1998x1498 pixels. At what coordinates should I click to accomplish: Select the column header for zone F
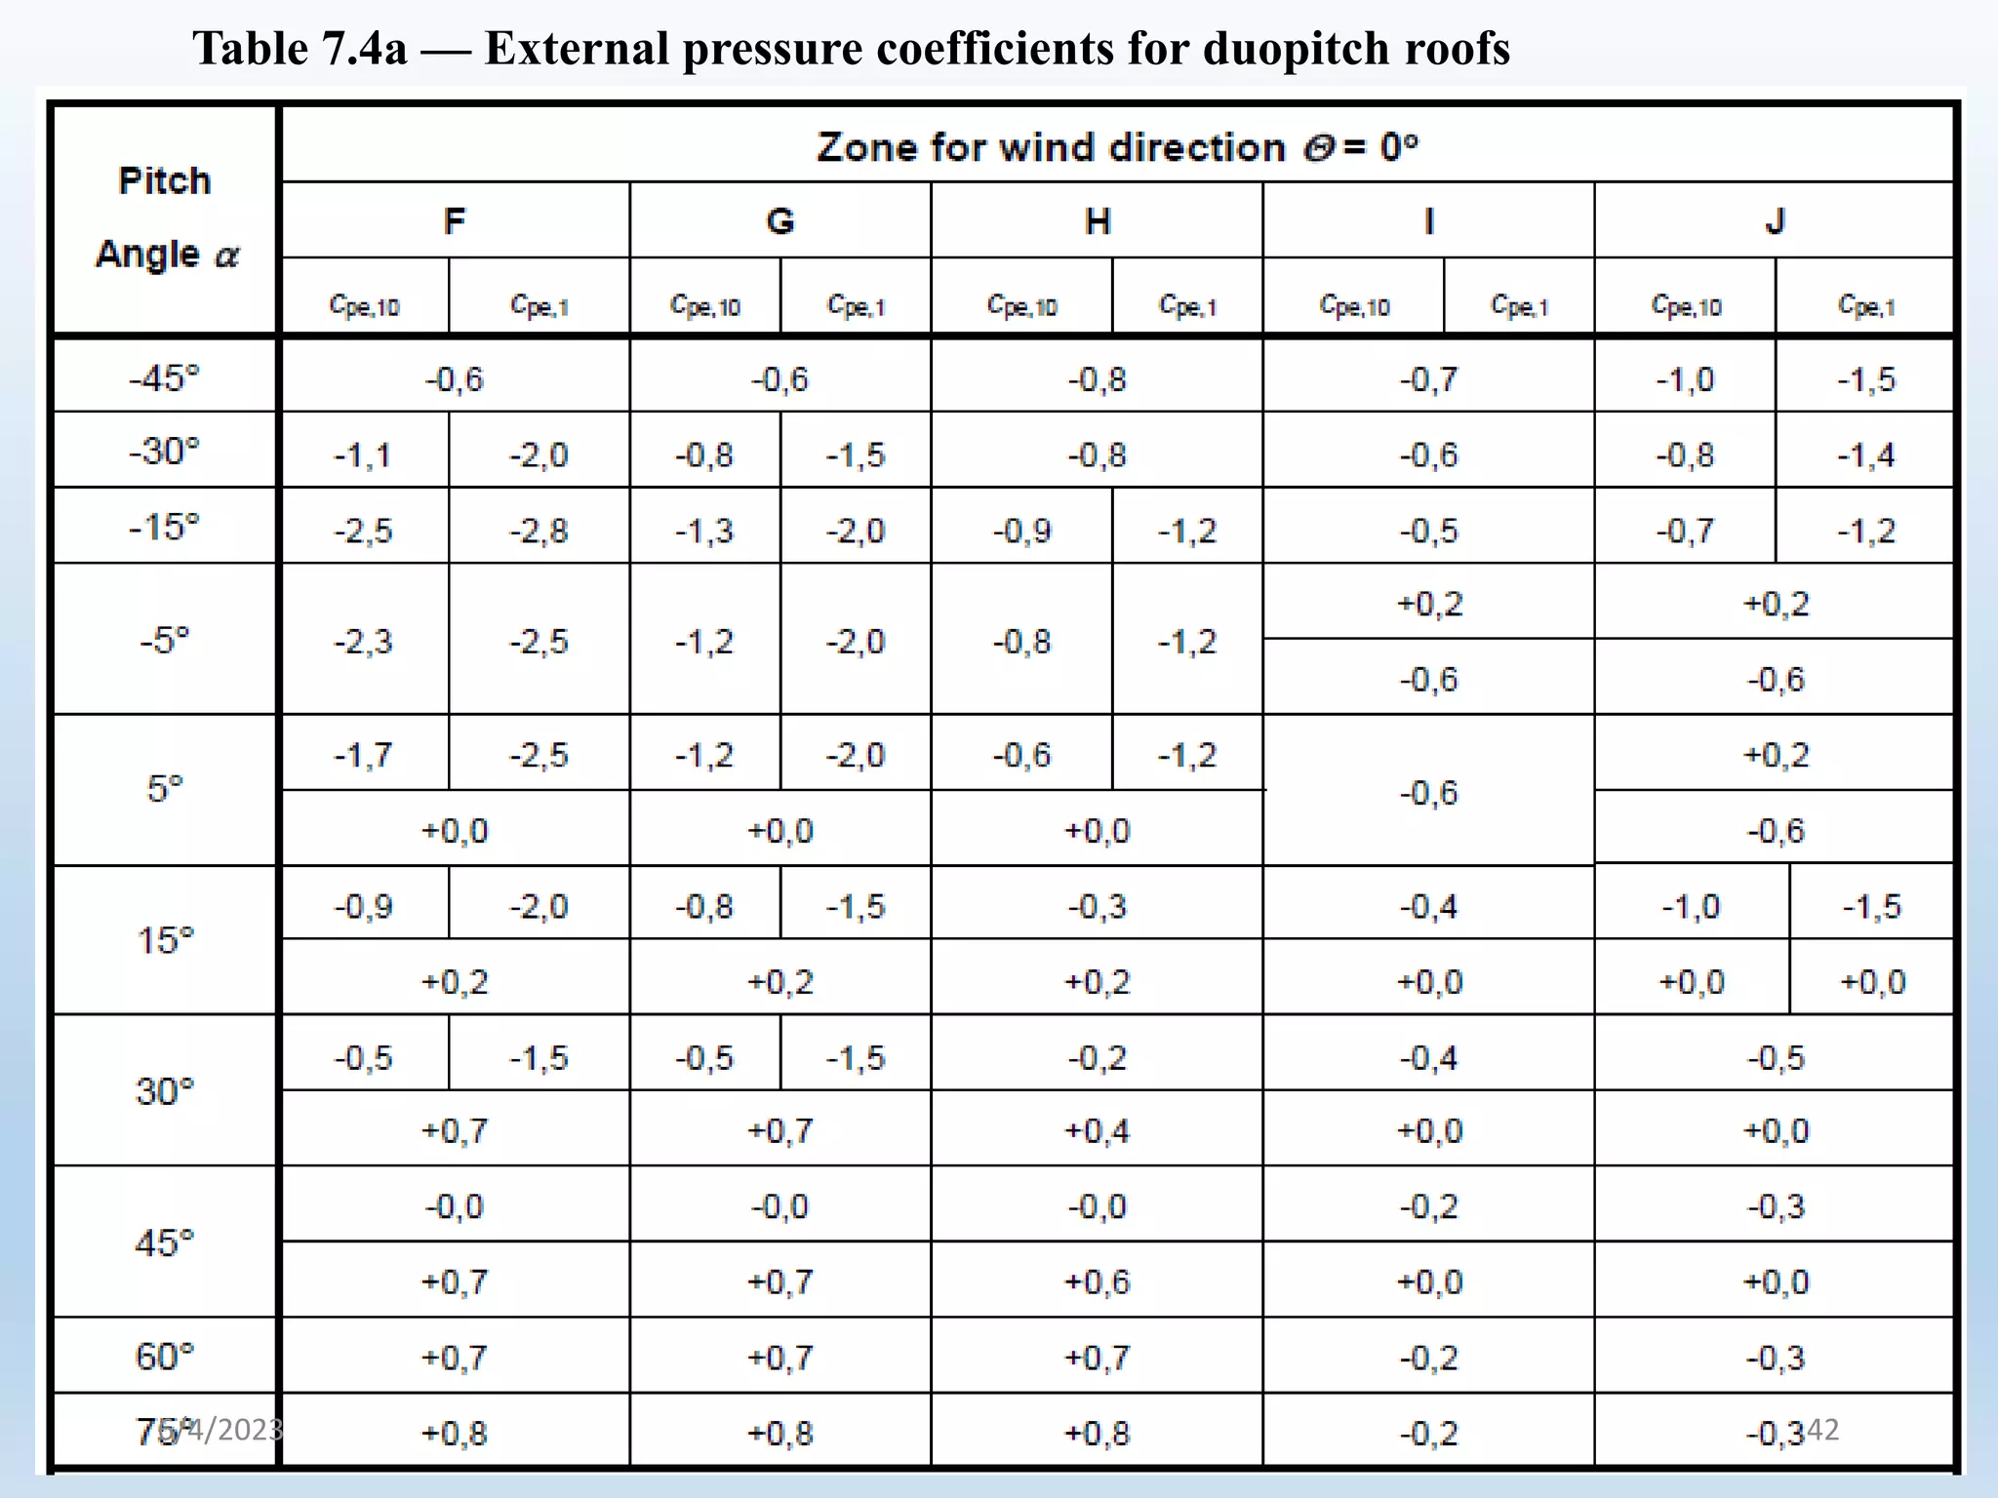pyautogui.click(x=455, y=221)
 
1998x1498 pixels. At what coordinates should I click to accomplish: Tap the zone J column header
pyautogui.click(x=1775, y=221)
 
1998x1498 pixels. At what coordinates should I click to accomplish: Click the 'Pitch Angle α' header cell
pyautogui.click(x=165, y=218)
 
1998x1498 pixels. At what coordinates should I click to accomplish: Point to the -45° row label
pyautogui.click(x=165, y=377)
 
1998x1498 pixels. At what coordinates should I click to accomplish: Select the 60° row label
pyautogui.click(x=165, y=1357)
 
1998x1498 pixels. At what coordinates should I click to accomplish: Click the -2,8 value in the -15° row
pyautogui.click(x=539, y=532)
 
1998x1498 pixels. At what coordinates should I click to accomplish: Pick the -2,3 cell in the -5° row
pyautogui.click(x=363, y=642)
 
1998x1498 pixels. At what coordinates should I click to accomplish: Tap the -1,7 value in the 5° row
pyautogui.click(x=363, y=755)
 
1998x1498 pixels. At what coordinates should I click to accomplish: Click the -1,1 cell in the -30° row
pyautogui.click(x=363, y=455)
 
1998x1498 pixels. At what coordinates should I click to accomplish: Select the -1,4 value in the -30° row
pyautogui.click(x=1865, y=455)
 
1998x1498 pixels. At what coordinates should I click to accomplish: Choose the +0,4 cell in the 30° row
pyautogui.click(x=1097, y=1131)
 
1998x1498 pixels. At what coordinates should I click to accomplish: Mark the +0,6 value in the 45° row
pyautogui.click(x=1097, y=1281)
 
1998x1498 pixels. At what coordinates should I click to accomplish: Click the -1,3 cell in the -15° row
pyautogui.click(x=704, y=532)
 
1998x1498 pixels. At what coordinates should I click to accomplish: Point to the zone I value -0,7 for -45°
pyautogui.click(x=1428, y=379)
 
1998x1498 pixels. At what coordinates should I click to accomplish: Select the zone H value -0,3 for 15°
pyautogui.click(x=1097, y=907)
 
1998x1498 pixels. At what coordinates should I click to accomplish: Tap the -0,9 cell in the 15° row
pyautogui.click(x=363, y=907)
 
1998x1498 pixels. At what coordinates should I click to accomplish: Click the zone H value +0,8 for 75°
pyautogui.click(x=1097, y=1434)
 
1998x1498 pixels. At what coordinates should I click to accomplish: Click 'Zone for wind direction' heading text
pyautogui.click(x=1052, y=147)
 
